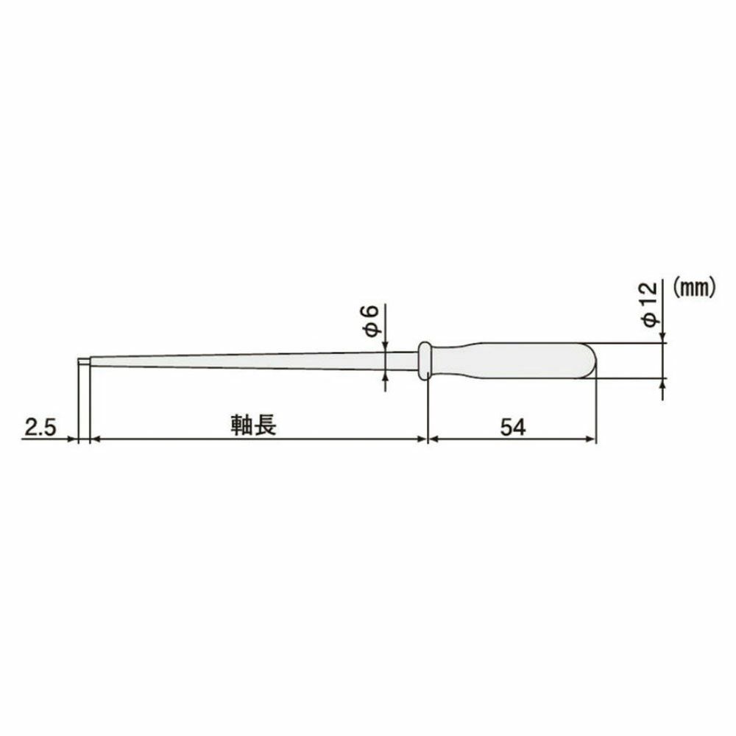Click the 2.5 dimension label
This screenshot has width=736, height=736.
click(x=40, y=428)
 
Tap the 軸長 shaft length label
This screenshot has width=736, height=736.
click(x=253, y=425)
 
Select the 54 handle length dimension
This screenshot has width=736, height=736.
click(x=513, y=428)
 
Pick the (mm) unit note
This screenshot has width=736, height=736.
click(x=694, y=287)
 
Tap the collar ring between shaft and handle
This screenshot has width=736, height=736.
click(x=425, y=361)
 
